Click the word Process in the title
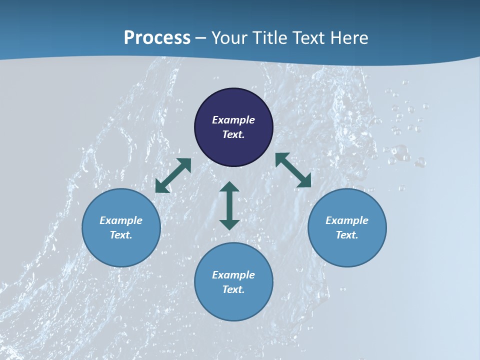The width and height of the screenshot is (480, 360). [x=157, y=38]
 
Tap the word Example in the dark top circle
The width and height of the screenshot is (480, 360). [x=233, y=120]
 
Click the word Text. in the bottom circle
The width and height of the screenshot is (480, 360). [x=233, y=289]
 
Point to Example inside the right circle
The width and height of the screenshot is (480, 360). [x=347, y=220]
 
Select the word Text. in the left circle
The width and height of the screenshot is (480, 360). [x=121, y=235]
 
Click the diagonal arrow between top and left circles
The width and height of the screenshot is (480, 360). [x=173, y=175]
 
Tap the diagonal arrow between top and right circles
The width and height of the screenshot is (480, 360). [x=293, y=170]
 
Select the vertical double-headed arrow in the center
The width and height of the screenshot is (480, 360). [x=229, y=205]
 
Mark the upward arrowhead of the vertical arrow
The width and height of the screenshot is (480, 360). [x=229, y=187]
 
